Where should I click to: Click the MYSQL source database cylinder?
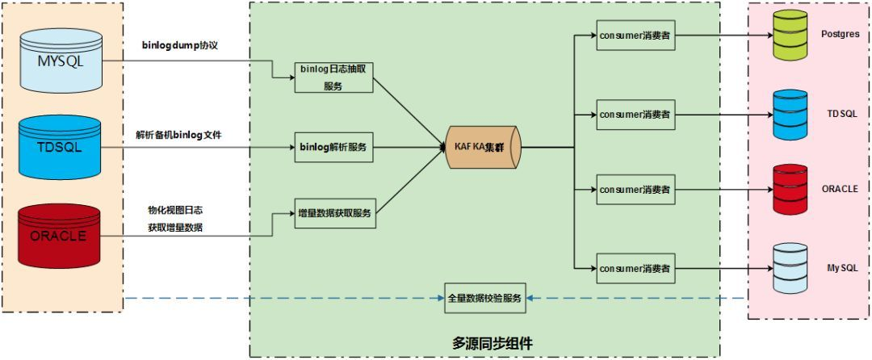tap(62, 60)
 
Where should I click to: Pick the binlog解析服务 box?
tap(333, 148)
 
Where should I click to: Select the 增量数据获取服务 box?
tap(333, 214)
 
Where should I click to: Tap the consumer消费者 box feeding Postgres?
tap(635, 36)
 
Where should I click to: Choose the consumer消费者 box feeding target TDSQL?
tap(635, 115)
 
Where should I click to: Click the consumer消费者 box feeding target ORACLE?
tap(635, 190)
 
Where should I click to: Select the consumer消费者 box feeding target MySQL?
tap(635, 268)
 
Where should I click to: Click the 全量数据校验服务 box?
tap(485, 299)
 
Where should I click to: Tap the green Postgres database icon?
tap(790, 36)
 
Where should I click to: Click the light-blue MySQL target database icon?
tap(790, 268)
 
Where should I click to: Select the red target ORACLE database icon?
tap(790, 190)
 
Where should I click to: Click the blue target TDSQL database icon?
tap(790, 115)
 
